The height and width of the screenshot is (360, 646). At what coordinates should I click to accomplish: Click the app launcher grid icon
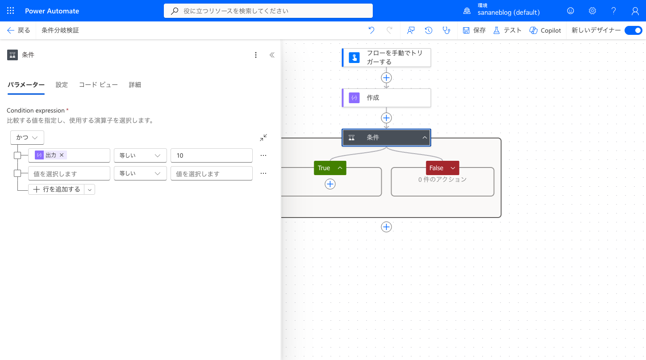tap(10, 11)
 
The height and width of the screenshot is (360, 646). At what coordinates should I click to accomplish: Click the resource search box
tap(268, 11)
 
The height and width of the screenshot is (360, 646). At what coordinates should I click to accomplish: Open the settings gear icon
tap(592, 11)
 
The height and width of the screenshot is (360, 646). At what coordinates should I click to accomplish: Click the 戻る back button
tap(19, 30)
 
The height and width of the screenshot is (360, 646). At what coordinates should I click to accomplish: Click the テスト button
tap(508, 30)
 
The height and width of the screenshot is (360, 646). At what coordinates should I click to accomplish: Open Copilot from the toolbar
tap(545, 30)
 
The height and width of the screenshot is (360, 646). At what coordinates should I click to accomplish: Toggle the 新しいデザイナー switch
tap(633, 30)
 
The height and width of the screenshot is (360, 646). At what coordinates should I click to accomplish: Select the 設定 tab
tap(62, 84)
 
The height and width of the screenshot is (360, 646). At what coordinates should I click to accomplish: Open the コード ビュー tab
tap(98, 84)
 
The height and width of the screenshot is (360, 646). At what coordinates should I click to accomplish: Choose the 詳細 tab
tap(135, 84)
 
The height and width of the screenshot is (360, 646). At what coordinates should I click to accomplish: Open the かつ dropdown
tap(27, 138)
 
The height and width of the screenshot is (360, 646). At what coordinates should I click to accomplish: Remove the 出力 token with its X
tap(62, 155)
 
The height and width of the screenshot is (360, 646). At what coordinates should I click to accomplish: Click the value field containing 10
tap(212, 155)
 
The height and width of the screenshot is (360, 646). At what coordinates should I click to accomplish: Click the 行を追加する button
tap(57, 189)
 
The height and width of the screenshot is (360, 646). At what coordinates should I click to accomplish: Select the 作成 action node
tap(387, 98)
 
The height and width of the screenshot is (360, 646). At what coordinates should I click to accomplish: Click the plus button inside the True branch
tap(330, 184)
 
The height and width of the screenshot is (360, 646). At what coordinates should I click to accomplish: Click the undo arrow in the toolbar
tap(371, 30)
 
